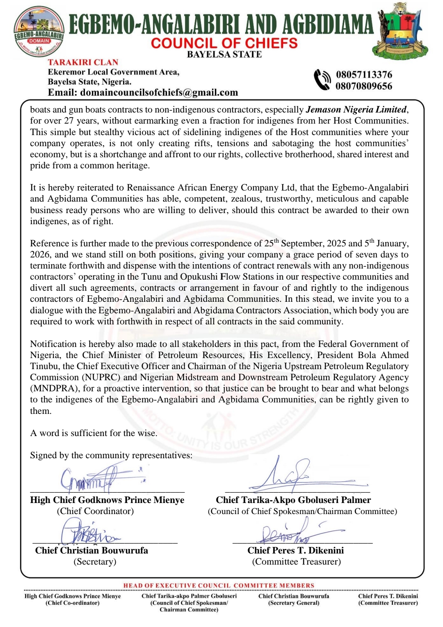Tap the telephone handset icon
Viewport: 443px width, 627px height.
pyautogui.click(x=322, y=80)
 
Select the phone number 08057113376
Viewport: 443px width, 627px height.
pyautogui.click(x=364, y=75)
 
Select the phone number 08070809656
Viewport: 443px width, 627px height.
pyautogui.click(x=364, y=86)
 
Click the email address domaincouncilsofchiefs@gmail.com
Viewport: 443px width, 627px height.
pyautogui.click(x=159, y=92)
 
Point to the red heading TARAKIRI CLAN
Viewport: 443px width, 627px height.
pyautogui.click(x=83, y=62)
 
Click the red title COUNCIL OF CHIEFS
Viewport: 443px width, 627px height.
pyautogui.click(x=224, y=43)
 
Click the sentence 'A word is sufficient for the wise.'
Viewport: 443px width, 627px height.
pyautogui.click(x=94, y=433)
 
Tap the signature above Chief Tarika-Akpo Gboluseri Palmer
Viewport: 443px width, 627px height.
pyautogui.click(x=295, y=476)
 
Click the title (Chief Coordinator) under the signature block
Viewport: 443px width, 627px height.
pyautogui.click(x=95, y=511)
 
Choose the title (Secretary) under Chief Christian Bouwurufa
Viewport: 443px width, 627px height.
pyautogui.click(x=95, y=562)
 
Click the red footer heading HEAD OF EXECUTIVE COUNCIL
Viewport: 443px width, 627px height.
pyautogui.click(x=219, y=586)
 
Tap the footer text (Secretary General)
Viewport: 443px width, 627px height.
pyautogui.click(x=294, y=603)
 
